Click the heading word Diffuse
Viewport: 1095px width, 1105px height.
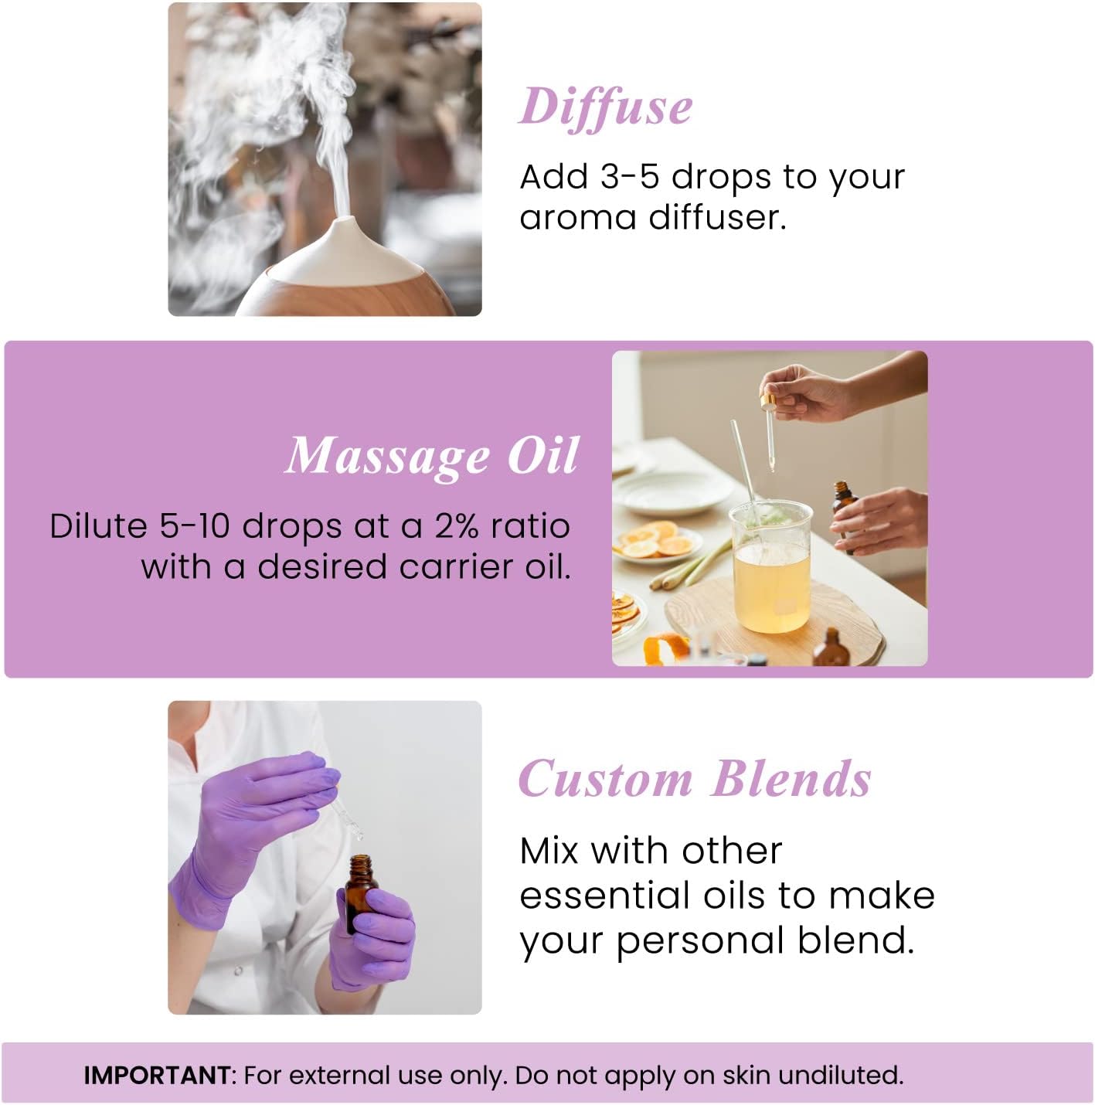(605, 107)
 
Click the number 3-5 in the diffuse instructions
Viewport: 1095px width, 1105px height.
(629, 177)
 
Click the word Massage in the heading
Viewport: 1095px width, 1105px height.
(387, 456)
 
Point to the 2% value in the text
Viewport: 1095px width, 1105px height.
(457, 526)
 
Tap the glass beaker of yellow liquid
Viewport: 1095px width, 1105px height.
(772, 572)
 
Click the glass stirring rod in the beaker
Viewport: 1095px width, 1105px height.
(743, 464)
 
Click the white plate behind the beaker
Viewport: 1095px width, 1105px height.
(676, 491)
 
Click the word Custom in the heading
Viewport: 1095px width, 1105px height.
(605, 779)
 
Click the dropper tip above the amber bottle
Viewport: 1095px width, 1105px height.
(357, 834)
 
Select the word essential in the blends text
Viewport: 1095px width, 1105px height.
(604, 896)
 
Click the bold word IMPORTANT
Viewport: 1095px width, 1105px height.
(157, 1075)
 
